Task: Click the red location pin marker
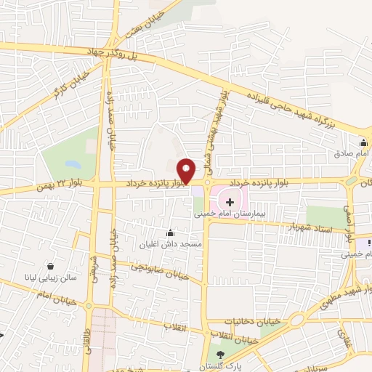click(x=187, y=170)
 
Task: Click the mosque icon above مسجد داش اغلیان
click(x=170, y=232)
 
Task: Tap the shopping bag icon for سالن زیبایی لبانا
click(x=50, y=267)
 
